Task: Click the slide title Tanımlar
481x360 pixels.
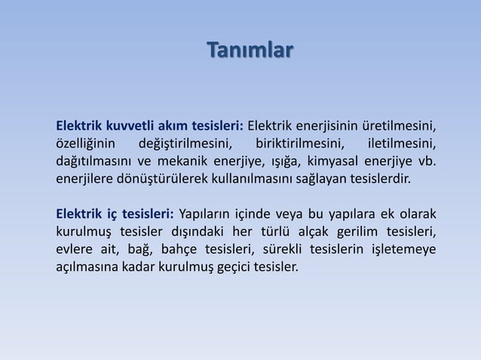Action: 250,52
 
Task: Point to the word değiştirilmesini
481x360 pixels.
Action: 186,143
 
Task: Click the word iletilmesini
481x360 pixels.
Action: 400,143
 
